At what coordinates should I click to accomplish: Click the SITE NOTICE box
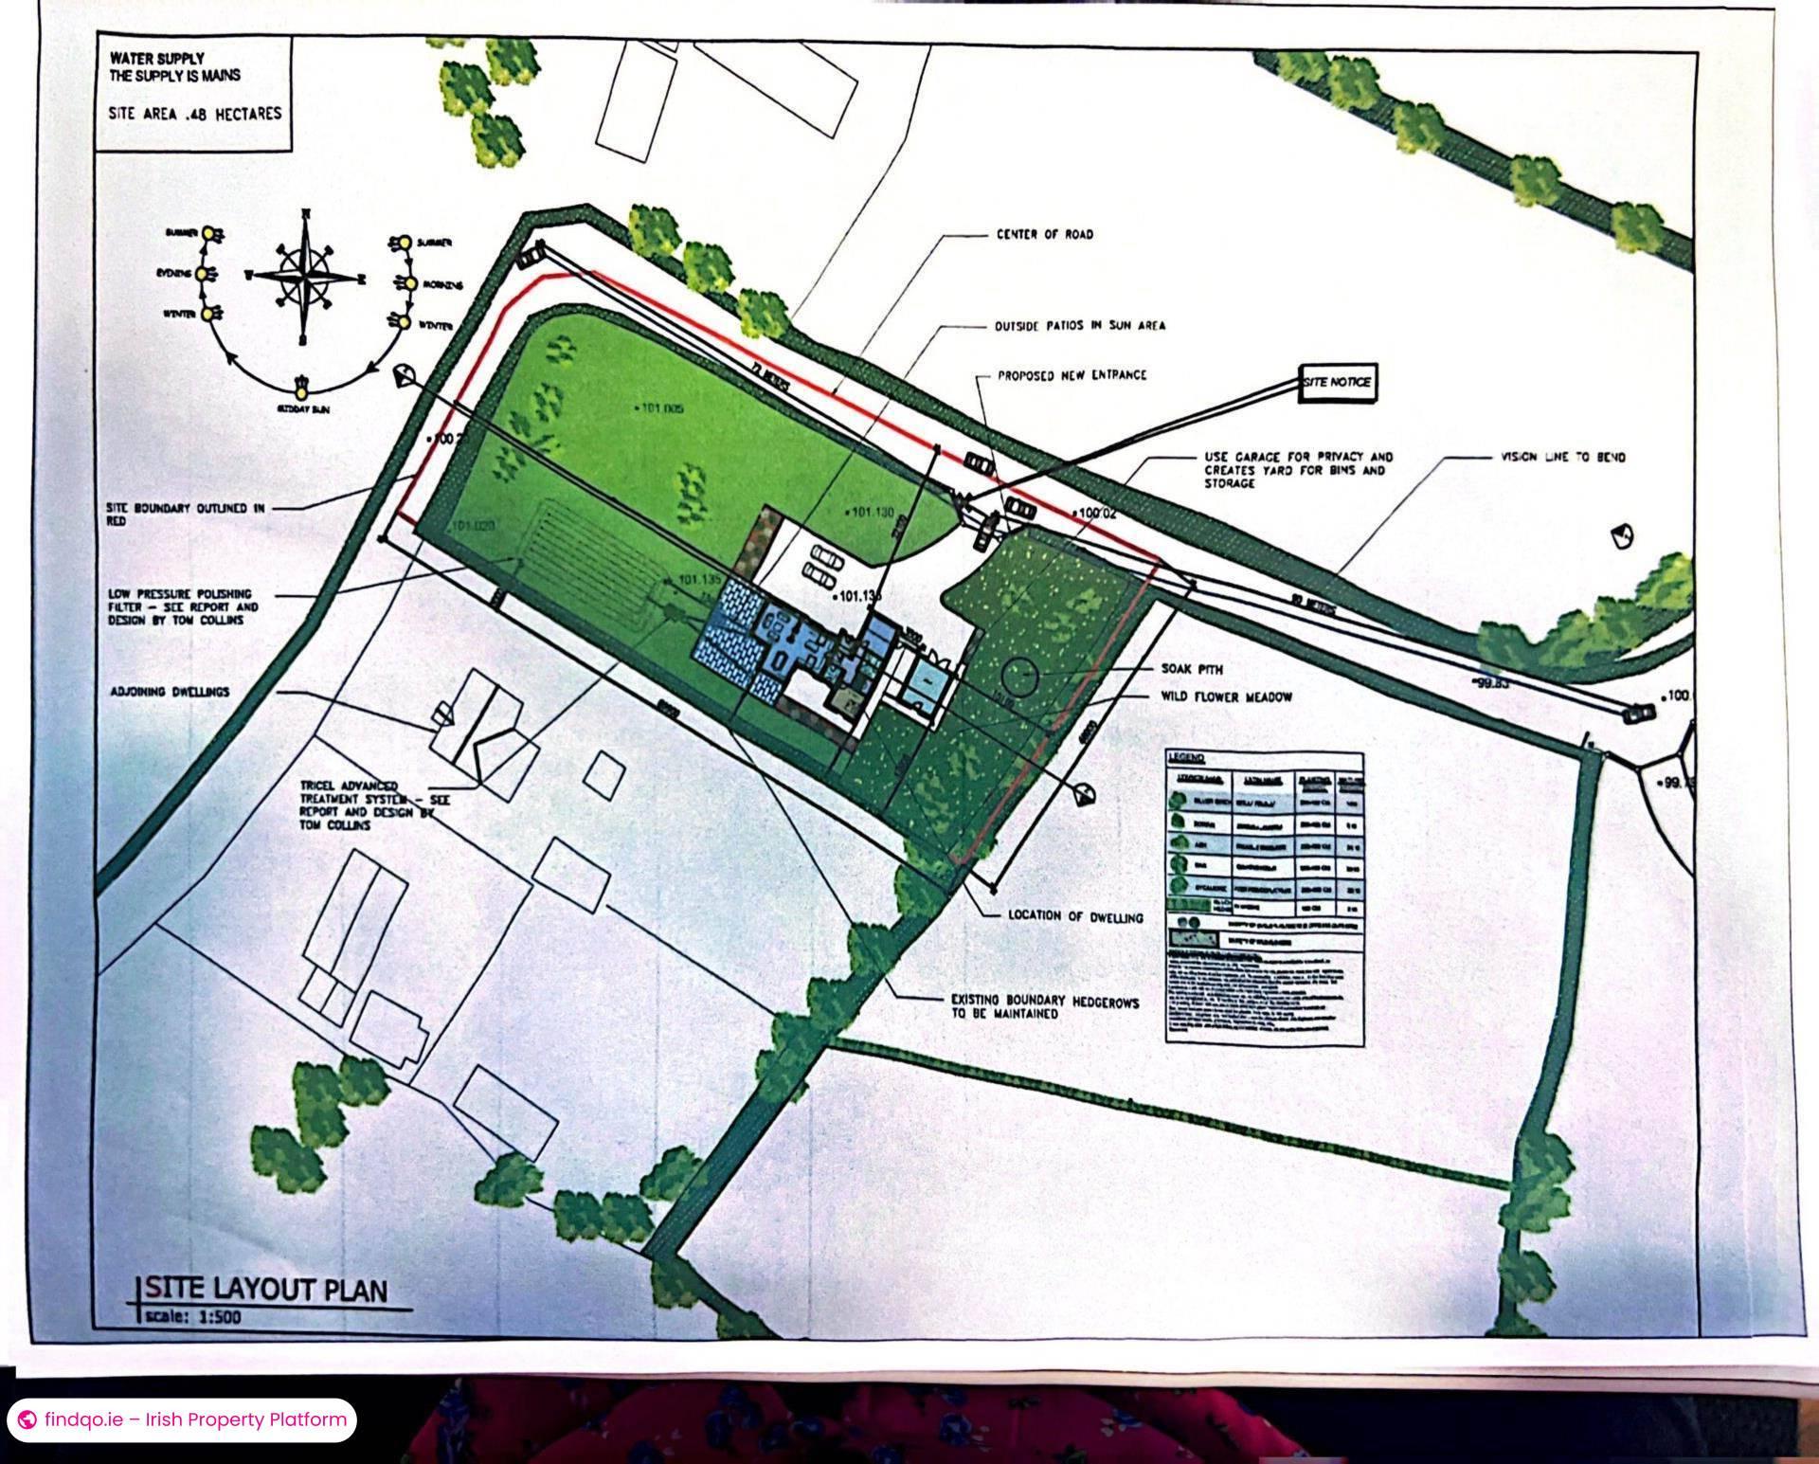tap(1336, 383)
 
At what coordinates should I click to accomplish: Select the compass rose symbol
tap(305, 277)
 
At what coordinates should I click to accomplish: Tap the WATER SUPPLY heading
tap(156, 59)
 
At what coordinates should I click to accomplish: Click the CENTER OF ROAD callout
tap(1044, 234)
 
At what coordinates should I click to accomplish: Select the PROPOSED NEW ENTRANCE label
tap(1072, 375)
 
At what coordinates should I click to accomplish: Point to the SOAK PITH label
tap(1198, 669)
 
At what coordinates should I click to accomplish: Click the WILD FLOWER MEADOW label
tap(1227, 697)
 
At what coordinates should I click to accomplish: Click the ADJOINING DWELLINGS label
tap(169, 692)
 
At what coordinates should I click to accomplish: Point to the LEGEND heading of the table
tap(1186, 758)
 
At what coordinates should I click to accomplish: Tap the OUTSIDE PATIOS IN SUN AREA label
tap(1080, 326)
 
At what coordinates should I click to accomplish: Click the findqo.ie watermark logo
tap(28, 1419)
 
